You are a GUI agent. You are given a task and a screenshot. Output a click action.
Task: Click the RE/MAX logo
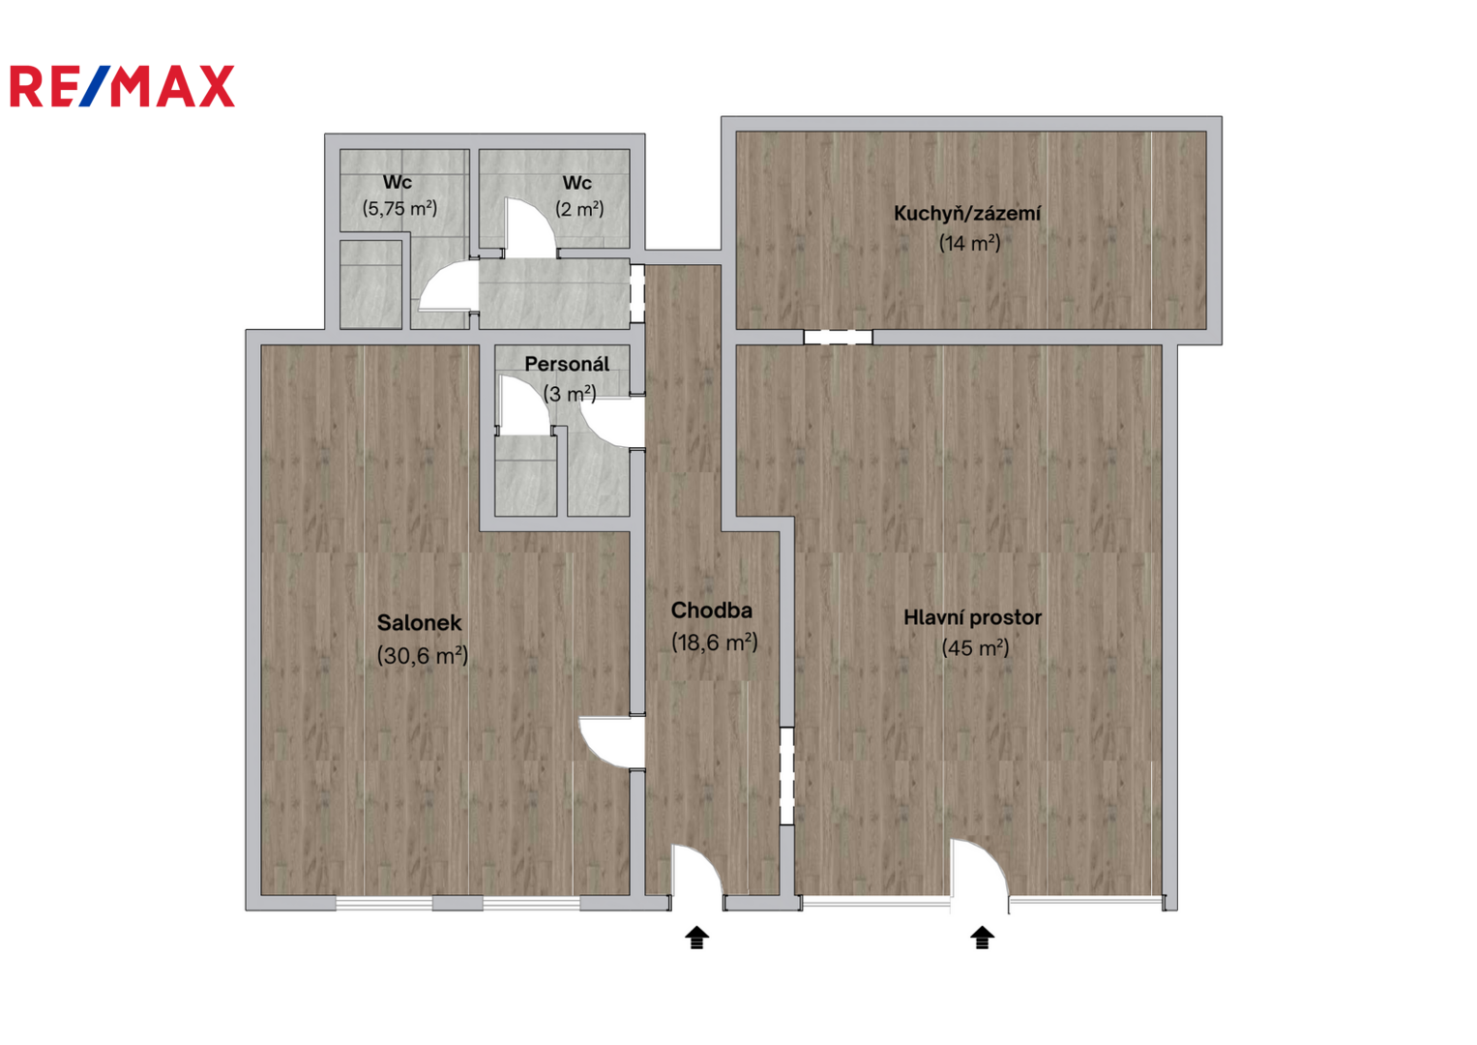pyautogui.click(x=122, y=86)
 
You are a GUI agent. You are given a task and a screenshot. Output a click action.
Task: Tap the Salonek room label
pyautogui.click(x=420, y=623)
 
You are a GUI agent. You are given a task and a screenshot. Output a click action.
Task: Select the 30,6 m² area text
pyautogui.click(x=423, y=656)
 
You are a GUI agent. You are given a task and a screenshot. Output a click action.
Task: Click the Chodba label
pyautogui.click(x=712, y=611)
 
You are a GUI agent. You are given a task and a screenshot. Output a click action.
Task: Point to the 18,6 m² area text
pyautogui.click(x=715, y=642)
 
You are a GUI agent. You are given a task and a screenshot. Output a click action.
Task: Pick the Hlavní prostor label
pyautogui.click(x=973, y=618)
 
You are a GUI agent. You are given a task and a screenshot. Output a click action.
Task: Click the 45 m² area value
pyautogui.click(x=975, y=648)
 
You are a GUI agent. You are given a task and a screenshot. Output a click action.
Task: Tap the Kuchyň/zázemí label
pyautogui.click(x=967, y=214)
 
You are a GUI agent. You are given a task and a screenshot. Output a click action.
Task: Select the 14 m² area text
pyautogui.click(x=970, y=244)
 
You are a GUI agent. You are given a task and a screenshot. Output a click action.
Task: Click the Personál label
pyautogui.click(x=567, y=364)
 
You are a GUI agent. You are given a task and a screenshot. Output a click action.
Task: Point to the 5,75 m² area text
pyautogui.click(x=399, y=209)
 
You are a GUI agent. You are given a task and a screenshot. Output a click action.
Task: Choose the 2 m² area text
pyautogui.click(x=579, y=210)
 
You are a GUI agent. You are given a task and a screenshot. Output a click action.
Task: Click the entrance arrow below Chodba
pyautogui.click(x=697, y=938)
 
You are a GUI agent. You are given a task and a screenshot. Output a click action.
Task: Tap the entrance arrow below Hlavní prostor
pyautogui.click(x=983, y=938)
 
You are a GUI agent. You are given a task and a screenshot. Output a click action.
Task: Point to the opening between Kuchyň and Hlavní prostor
pyautogui.click(x=838, y=337)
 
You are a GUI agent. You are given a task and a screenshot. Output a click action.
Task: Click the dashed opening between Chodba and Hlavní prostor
pyautogui.click(x=786, y=776)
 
